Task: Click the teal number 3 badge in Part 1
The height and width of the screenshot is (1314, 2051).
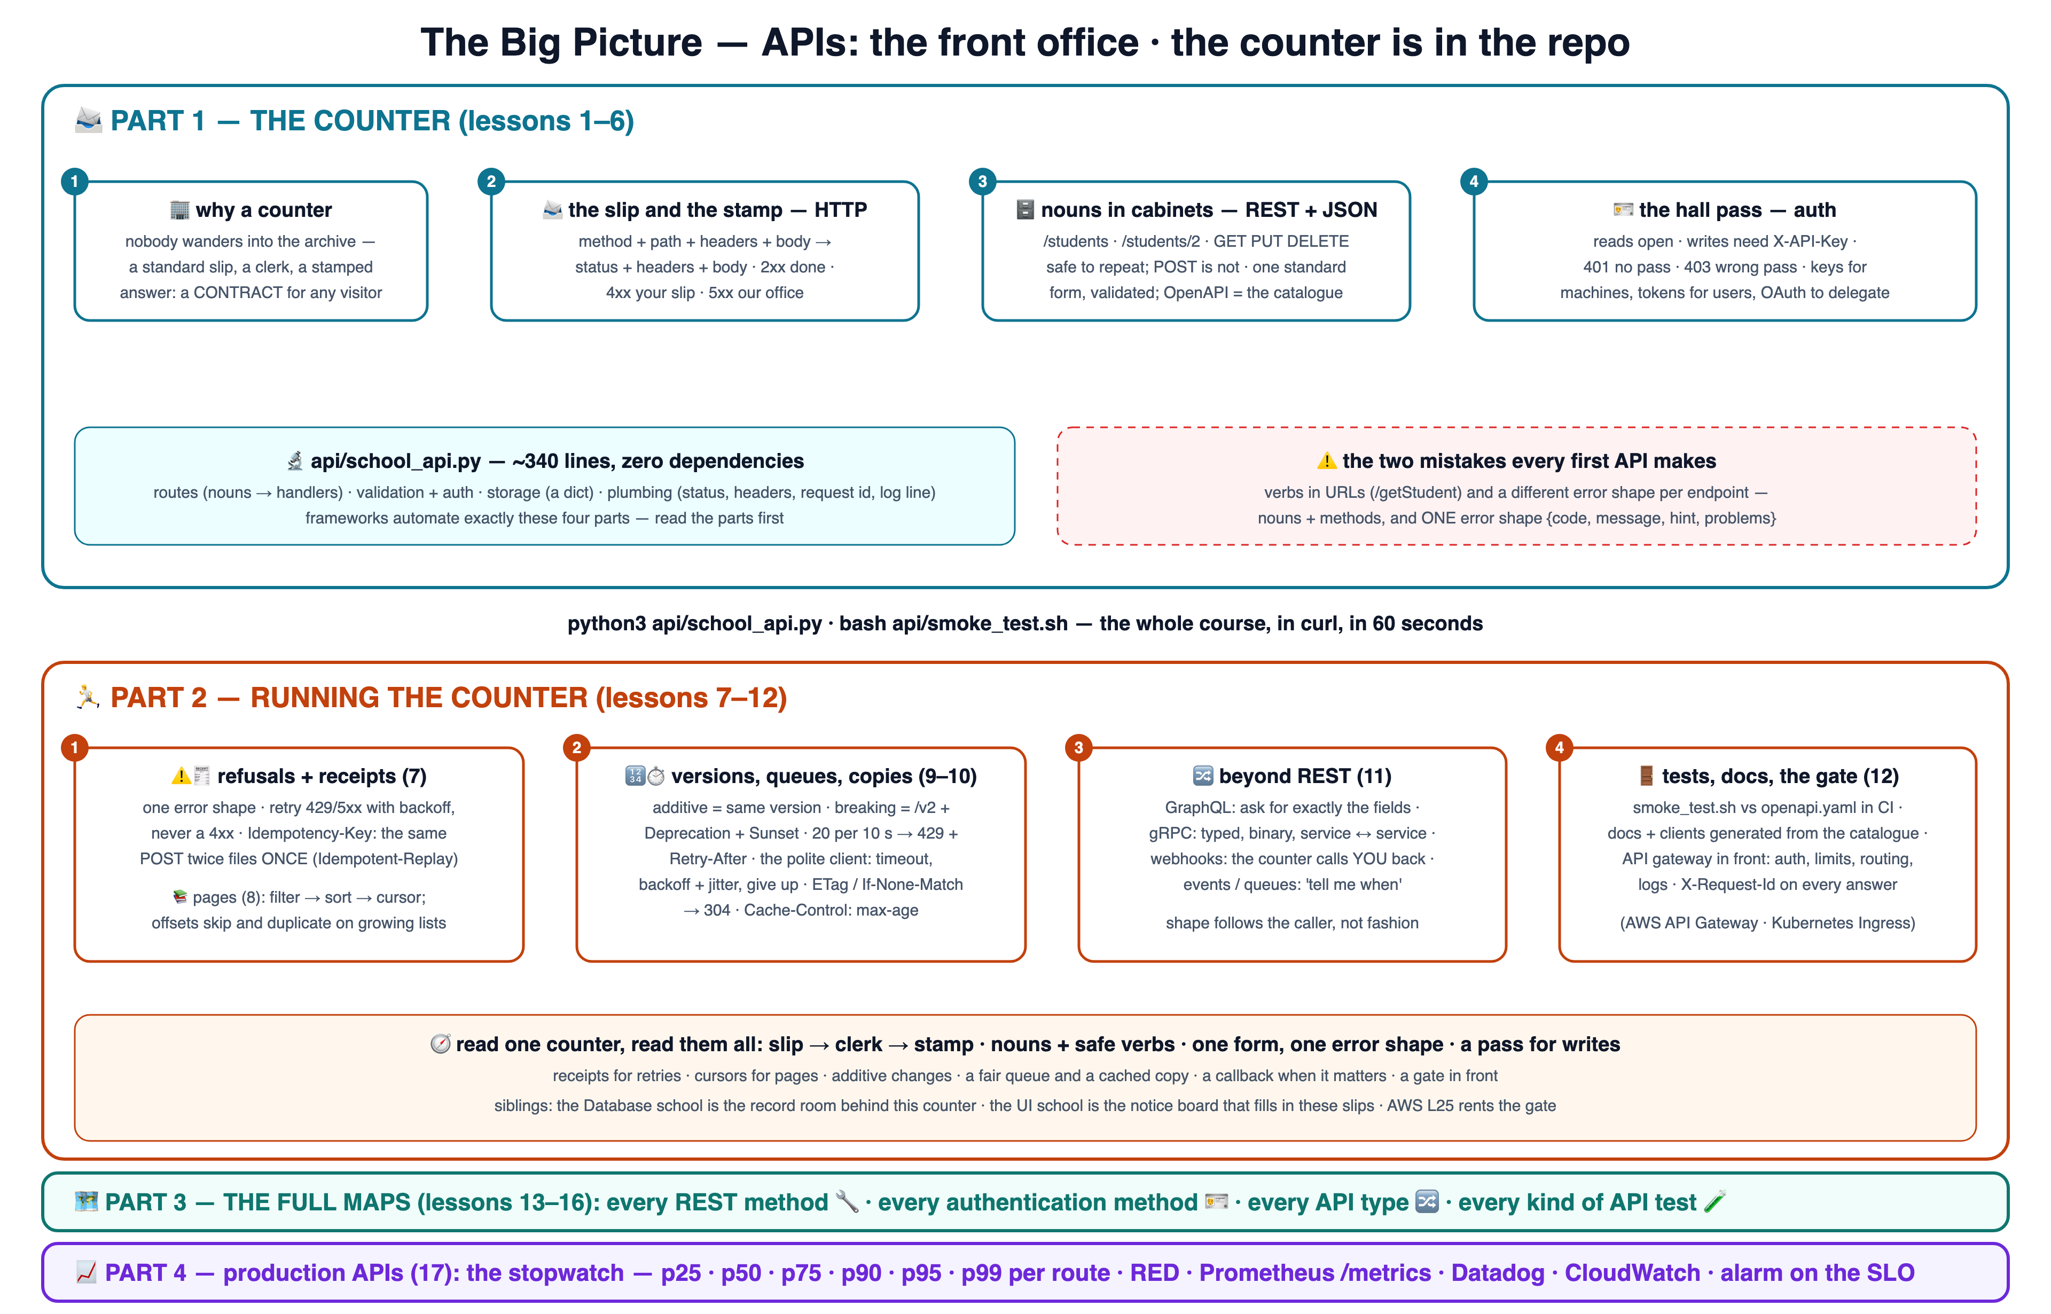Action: (982, 181)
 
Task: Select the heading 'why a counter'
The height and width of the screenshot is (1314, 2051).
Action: (264, 210)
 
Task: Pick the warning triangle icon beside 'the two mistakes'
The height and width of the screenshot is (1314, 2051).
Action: (1327, 461)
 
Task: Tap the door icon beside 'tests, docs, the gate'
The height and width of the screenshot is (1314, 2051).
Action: (1647, 776)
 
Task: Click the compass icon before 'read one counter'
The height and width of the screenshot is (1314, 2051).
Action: (440, 1044)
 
